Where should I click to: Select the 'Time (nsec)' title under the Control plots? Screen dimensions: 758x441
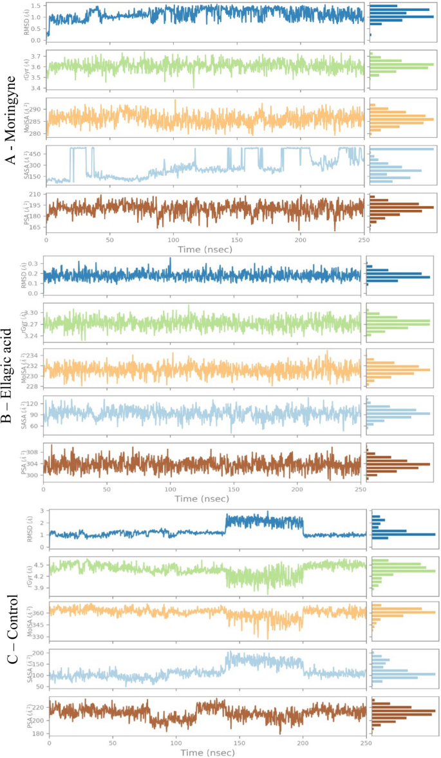point(207,752)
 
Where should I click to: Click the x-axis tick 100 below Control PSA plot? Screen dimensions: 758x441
point(176,743)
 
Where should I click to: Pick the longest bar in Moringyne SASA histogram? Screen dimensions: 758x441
point(402,149)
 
